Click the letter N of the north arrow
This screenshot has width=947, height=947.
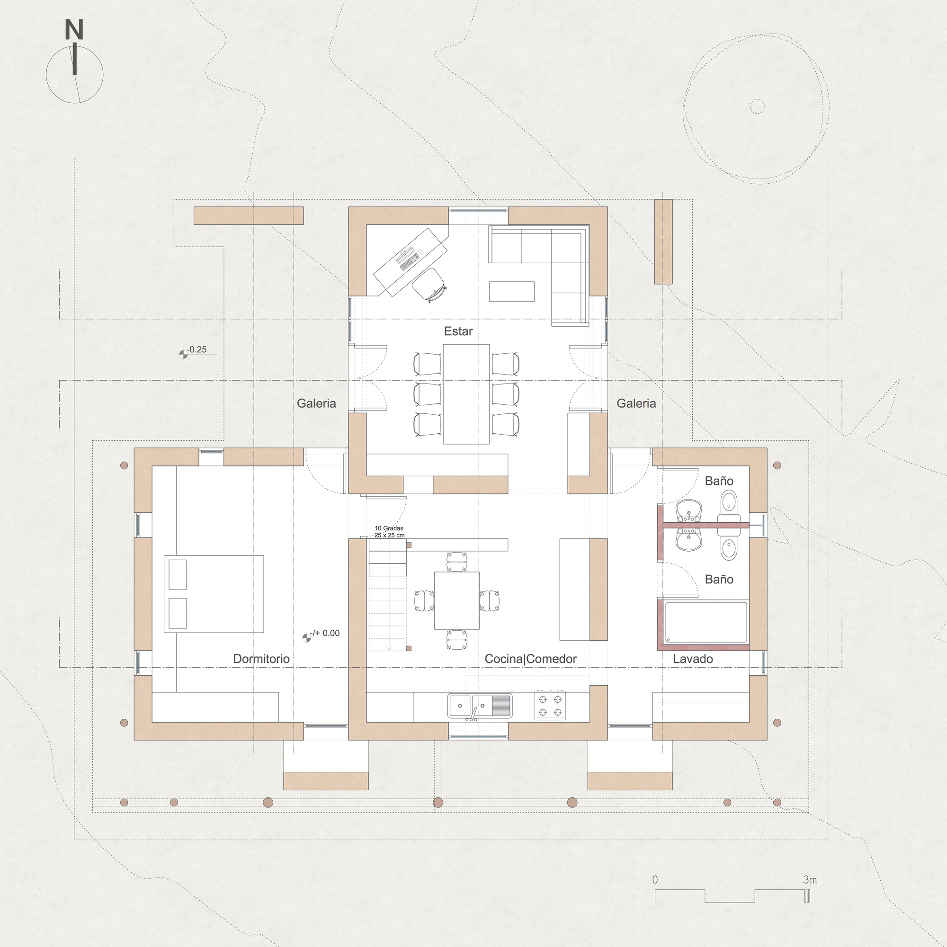point(74,30)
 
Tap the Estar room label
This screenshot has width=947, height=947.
point(458,331)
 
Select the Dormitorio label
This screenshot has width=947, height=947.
point(261,659)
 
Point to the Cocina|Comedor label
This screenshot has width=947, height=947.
point(531,659)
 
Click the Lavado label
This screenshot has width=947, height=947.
point(693,659)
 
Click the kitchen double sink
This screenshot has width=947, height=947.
point(479,706)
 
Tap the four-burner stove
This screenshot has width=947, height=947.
point(549,706)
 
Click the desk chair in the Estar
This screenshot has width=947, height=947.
point(429,283)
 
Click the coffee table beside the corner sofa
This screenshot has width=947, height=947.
point(512,291)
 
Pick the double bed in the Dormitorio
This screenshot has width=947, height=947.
point(214,594)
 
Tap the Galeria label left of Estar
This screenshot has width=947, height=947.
point(316,403)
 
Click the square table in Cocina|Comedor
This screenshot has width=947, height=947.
point(457,600)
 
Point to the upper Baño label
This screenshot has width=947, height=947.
point(719,481)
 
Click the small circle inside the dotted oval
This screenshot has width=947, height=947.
point(757,107)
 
